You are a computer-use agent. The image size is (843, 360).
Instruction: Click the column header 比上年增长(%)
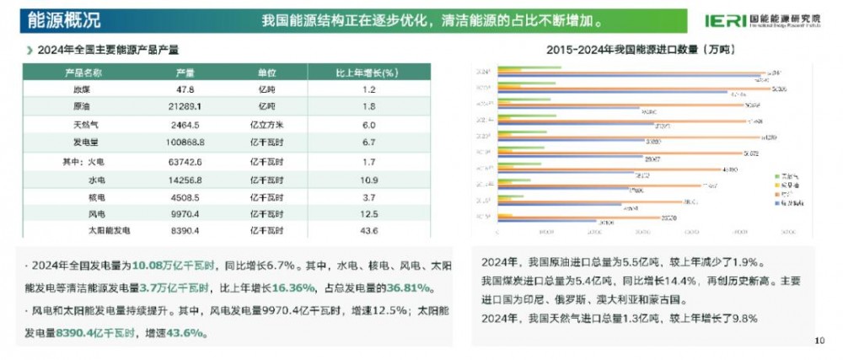coord(368,73)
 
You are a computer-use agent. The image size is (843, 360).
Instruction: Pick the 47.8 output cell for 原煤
coord(185,89)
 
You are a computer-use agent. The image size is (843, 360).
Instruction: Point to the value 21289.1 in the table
coord(185,107)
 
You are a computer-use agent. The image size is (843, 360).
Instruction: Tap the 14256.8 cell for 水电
coord(185,179)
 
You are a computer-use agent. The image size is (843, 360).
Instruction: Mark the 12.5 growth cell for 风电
coord(368,213)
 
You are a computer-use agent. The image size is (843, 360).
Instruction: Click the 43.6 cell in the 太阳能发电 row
coord(368,230)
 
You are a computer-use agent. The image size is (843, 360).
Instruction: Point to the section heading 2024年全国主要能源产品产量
coord(108,51)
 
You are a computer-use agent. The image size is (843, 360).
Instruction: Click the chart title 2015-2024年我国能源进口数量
coord(642,51)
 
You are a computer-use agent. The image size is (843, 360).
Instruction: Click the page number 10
coord(820,341)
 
